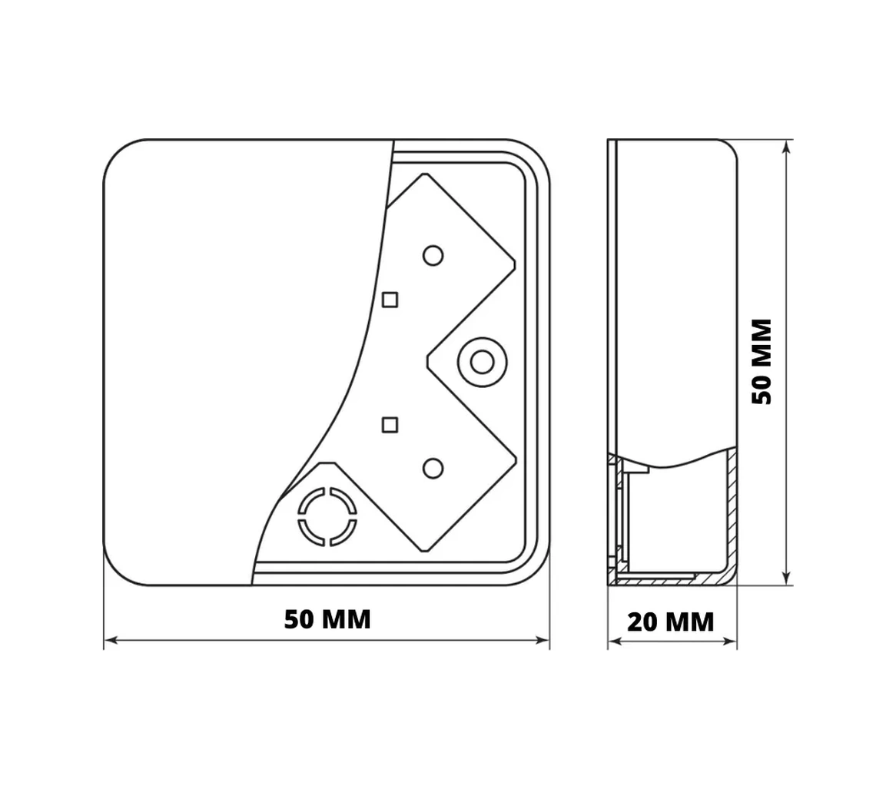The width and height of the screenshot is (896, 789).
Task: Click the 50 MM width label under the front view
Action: coord(327,619)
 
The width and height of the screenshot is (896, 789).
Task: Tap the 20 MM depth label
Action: coord(671,622)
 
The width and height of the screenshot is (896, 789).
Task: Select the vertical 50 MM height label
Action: coord(762,362)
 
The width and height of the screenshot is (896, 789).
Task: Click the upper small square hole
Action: coord(390,300)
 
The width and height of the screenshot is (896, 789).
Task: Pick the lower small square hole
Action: coord(390,425)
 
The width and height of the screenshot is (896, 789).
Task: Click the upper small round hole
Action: coord(433,255)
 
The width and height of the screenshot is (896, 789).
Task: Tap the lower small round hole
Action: coord(433,469)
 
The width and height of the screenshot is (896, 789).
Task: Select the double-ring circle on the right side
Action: coord(483,362)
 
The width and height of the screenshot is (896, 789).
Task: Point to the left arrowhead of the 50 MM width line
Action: coord(111,641)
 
